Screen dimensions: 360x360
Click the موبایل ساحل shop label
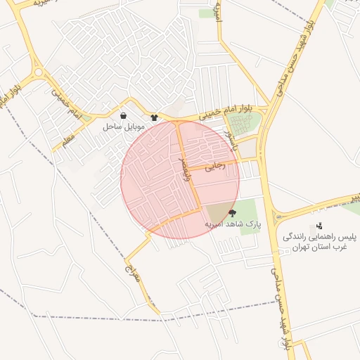[124, 127]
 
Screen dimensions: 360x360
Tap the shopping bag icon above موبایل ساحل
[124, 115]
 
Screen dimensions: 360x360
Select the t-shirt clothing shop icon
[155, 117]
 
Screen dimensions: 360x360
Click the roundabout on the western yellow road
[37, 71]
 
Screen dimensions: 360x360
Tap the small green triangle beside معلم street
[86, 119]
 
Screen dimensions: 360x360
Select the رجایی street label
[214, 167]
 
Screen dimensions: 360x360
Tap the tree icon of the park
[232, 212]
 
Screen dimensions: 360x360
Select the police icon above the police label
[319, 226]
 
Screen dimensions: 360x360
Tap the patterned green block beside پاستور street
[244, 125]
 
